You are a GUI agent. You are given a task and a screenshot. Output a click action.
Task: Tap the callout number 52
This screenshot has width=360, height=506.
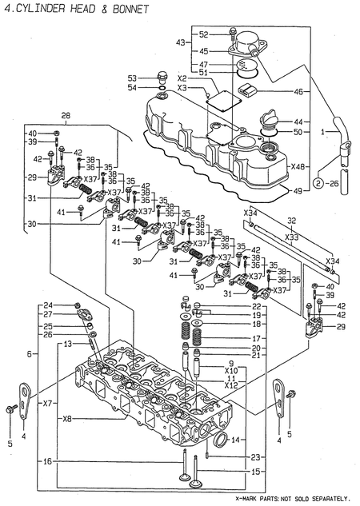pyautogui.click(x=204, y=34)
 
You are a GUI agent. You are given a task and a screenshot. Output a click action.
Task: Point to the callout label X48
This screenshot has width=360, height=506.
pyautogui.click(x=298, y=167)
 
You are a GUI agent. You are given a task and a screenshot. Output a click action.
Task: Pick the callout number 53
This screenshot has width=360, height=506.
pyautogui.click(x=132, y=78)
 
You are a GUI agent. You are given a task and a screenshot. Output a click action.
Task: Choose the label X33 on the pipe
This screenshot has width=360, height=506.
pyautogui.click(x=292, y=237)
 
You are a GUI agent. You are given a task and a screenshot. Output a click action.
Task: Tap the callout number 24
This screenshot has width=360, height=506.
pyautogui.click(x=70, y=306)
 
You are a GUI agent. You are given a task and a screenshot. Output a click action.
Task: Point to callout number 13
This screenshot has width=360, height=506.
pyautogui.click(x=70, y=343)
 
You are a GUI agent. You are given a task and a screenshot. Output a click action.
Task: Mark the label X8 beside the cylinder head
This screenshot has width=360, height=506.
pyautogui.click(x=67, y=418)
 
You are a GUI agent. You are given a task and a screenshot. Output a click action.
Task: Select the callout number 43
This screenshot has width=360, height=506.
pyautogui.click(x=181, y=42)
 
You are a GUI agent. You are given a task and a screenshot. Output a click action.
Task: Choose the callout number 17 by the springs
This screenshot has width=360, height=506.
pyautogui.click(x=256, y=338)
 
